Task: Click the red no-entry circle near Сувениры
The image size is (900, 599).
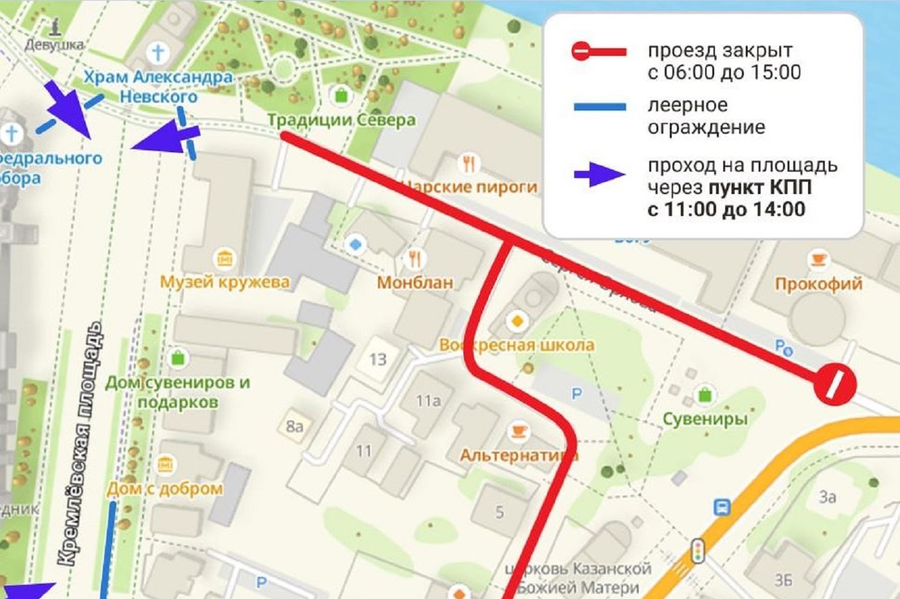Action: [834, 385]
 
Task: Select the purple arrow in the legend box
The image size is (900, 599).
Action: [598, 174]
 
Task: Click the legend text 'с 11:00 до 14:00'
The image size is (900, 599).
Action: [726, 210]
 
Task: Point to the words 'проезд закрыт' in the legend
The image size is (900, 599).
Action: [719, 50]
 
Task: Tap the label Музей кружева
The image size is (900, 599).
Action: [224, 282]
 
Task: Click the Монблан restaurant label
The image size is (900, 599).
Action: [415, 282]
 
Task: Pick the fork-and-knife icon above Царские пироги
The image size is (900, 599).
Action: [469, 163]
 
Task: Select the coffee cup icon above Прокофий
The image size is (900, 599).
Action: [818, 260]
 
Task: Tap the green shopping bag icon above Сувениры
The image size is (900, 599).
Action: [705, 394]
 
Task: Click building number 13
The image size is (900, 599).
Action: [378, 359]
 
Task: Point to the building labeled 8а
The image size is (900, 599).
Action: [294, 426]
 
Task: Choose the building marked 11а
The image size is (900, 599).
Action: [428, 401]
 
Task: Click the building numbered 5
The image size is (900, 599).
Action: [500, 512]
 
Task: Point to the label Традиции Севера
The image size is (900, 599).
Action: [341, 120]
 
